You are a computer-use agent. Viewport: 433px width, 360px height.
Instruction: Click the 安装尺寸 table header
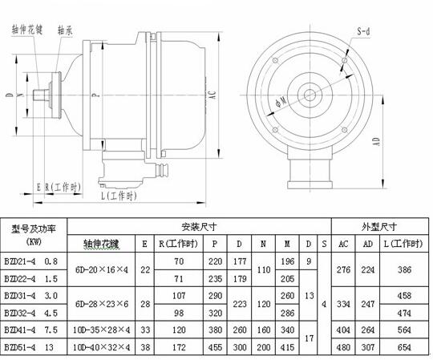[199, 226]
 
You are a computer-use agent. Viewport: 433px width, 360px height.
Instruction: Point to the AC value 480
[343, 348]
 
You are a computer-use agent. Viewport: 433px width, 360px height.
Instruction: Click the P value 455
[214, 348]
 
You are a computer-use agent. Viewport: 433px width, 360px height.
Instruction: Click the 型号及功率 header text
[34, 229]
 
